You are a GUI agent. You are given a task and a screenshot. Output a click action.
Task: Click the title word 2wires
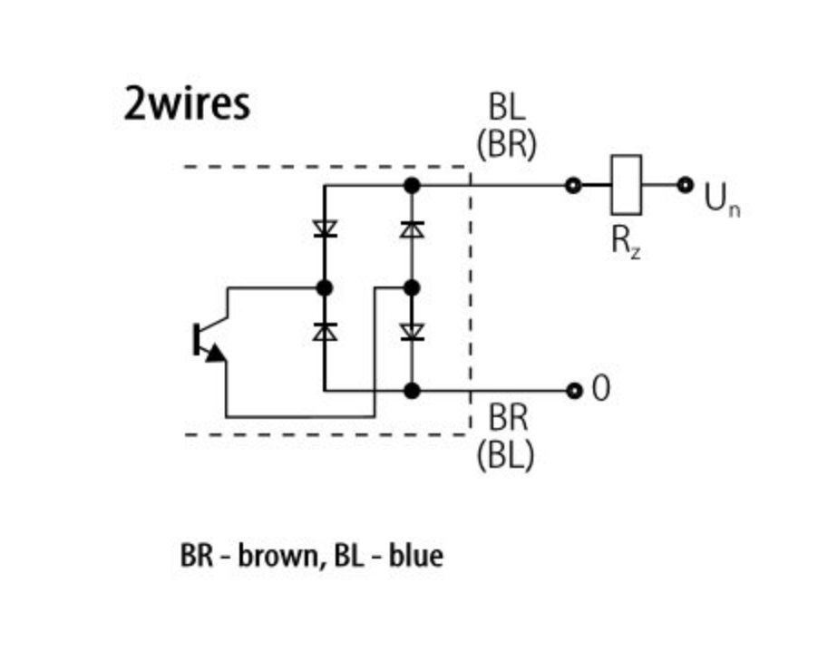[x=186, y=104]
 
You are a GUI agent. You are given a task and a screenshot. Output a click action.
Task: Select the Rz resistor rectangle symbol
[x=627, y=185]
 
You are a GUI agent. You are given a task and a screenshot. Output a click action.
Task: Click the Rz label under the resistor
[x=625, y=241]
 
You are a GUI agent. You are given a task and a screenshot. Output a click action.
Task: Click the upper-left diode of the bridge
[x=325, y=228]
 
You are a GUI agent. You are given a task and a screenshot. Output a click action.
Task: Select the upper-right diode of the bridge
[x=412, y=228]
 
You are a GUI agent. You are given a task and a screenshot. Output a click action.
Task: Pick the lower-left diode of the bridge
[x=325, y=332]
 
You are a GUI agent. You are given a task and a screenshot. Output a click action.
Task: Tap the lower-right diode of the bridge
[x=412, y=332]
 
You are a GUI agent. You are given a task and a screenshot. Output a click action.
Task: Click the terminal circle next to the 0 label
[x=573, y=391]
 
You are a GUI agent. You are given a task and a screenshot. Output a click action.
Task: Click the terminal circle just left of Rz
[x=572, y=186]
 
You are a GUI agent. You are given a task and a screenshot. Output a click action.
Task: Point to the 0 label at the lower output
[x=600, y=389]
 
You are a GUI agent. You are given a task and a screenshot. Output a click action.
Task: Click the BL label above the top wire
[x=506, y=108]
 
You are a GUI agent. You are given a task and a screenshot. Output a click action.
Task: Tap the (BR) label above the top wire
[x=506, y=145]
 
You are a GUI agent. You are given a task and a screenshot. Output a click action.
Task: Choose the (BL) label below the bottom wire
[x=505, y=453]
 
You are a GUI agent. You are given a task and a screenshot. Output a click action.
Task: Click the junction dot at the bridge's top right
[x=412, y=186]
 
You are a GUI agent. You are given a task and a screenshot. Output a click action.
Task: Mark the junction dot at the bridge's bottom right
[x=412, y=391]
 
